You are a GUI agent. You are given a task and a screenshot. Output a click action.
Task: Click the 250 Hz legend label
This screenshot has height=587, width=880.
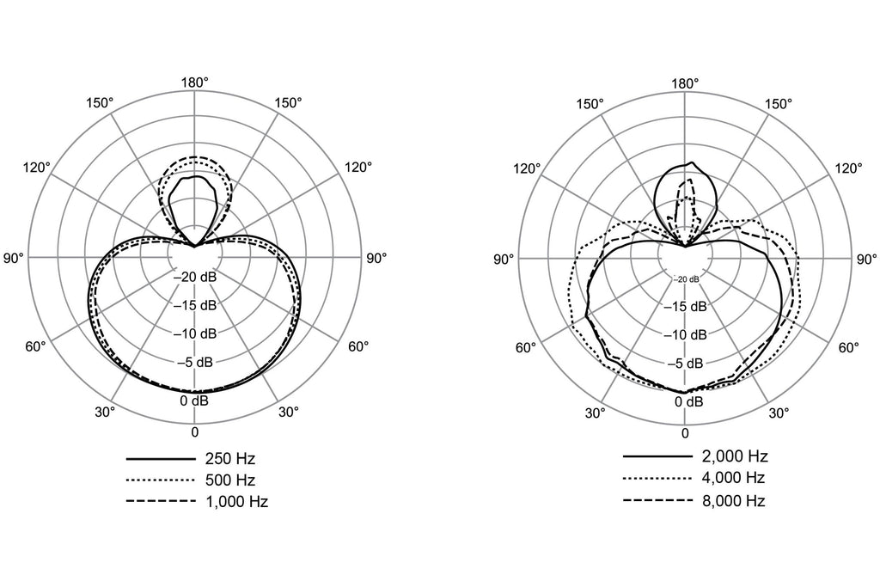tap(230, 458)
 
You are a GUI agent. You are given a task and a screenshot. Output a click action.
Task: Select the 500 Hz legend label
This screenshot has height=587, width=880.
tap(230, 480)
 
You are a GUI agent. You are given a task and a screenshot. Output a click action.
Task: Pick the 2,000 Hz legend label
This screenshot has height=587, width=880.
tap(735, 456)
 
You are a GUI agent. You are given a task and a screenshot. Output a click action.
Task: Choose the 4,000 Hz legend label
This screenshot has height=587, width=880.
tap(735, 478)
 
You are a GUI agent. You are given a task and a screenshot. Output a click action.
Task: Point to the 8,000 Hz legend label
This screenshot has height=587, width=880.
tap(735, 500)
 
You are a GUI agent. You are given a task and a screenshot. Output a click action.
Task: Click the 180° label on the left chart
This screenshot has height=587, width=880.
tap(195, 82)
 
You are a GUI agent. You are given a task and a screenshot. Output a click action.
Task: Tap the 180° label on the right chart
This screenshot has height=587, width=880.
tap(685, 83)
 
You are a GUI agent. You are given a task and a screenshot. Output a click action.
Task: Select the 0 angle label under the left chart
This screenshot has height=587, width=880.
tap(195, 432)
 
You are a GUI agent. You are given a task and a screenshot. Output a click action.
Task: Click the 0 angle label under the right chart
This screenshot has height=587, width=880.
tap(685, 433)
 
